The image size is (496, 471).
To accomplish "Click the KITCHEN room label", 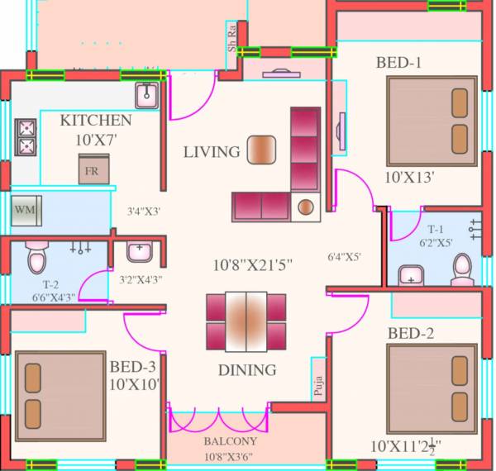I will point(96,121).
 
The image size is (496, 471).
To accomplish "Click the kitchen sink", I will point(146,96).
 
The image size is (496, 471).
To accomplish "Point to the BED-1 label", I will point(400,62).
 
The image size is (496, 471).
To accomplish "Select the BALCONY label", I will point(219,441).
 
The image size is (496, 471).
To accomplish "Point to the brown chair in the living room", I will point(262,148).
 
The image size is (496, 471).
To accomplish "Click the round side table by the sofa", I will point(306,206).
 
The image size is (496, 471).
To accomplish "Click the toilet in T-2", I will point(36,259).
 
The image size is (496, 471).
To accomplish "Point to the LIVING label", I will point(212,152).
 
